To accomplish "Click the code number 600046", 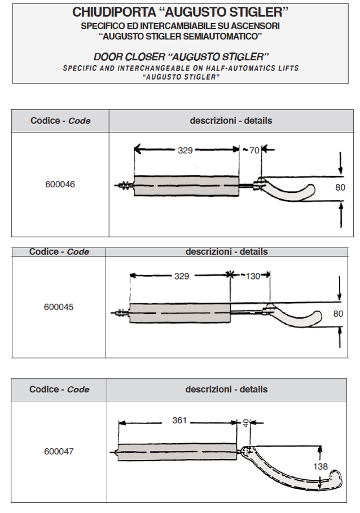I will tap(60, 184).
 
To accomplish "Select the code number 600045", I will tap(59, 307).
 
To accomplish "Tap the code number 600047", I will tap(59, 452).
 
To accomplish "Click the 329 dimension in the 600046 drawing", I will tap(186, 151).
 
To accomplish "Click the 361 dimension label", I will tap(179, 421).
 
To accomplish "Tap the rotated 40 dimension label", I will tap(245, 423).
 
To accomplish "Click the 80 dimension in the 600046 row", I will tap(340, 188).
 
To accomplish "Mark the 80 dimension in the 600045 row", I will tap(339, 313).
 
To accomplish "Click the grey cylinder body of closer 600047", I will tap(177, 451).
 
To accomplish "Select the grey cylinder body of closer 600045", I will tap(180, 312).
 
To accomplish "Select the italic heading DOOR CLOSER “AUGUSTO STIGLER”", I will tap(181, 57).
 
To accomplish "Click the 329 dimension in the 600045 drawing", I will tap(181, 276).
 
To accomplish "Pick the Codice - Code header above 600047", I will tap(59, 390).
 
